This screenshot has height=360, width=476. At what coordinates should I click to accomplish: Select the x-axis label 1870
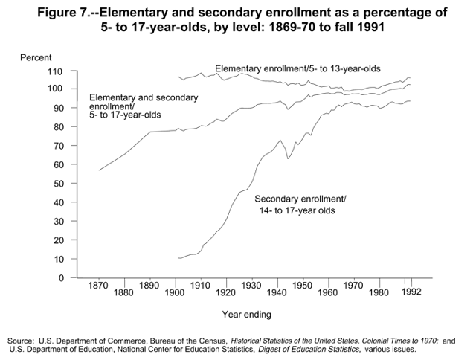98,286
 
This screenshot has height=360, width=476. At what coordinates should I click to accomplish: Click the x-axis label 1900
174,293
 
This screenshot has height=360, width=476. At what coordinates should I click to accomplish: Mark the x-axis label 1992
413,292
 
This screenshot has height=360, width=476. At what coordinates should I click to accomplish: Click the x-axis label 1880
123,293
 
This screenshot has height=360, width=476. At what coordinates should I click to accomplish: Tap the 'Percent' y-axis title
35,57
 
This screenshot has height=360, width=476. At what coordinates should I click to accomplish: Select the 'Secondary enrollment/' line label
300,199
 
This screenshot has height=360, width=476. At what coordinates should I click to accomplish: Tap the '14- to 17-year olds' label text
295,210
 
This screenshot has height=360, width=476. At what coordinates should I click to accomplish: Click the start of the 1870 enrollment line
99,170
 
